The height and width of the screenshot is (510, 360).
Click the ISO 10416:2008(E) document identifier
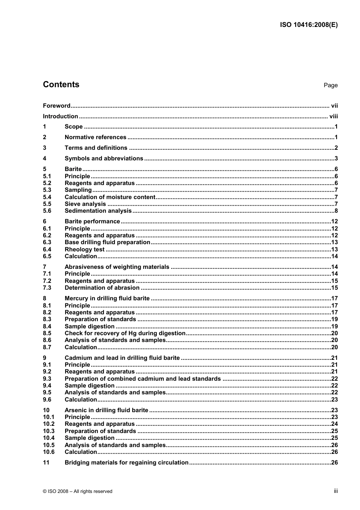pos(309,25)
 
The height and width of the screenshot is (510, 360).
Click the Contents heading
pos(61,85)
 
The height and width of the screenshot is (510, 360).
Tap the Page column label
pos(330,85)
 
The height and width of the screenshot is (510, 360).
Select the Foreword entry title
pos(56,106)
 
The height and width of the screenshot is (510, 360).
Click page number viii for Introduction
pos(333,116)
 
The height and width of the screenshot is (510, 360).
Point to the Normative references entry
pos(95,137)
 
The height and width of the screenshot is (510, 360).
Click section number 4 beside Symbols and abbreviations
pos(45,158)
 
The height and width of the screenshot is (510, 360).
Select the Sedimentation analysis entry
pos(98,211)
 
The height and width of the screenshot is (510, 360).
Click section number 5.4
pos(47,197)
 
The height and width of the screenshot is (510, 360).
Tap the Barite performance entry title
pos(92,221)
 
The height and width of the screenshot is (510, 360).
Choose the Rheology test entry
pos(85,250)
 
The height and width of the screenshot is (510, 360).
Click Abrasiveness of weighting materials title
pos(117,267)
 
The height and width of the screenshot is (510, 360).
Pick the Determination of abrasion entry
pos(102,288)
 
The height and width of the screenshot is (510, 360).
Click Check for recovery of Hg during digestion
pos(125,333)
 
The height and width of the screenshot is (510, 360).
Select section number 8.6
pos(47,340)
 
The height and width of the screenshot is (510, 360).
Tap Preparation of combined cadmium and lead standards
pos(142,379)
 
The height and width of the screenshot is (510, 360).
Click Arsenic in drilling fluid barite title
pos(106,410)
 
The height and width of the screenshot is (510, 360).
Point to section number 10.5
pos(49,445)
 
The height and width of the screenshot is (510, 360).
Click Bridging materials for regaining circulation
pos(127,463)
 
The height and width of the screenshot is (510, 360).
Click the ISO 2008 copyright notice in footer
pos(78,491)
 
